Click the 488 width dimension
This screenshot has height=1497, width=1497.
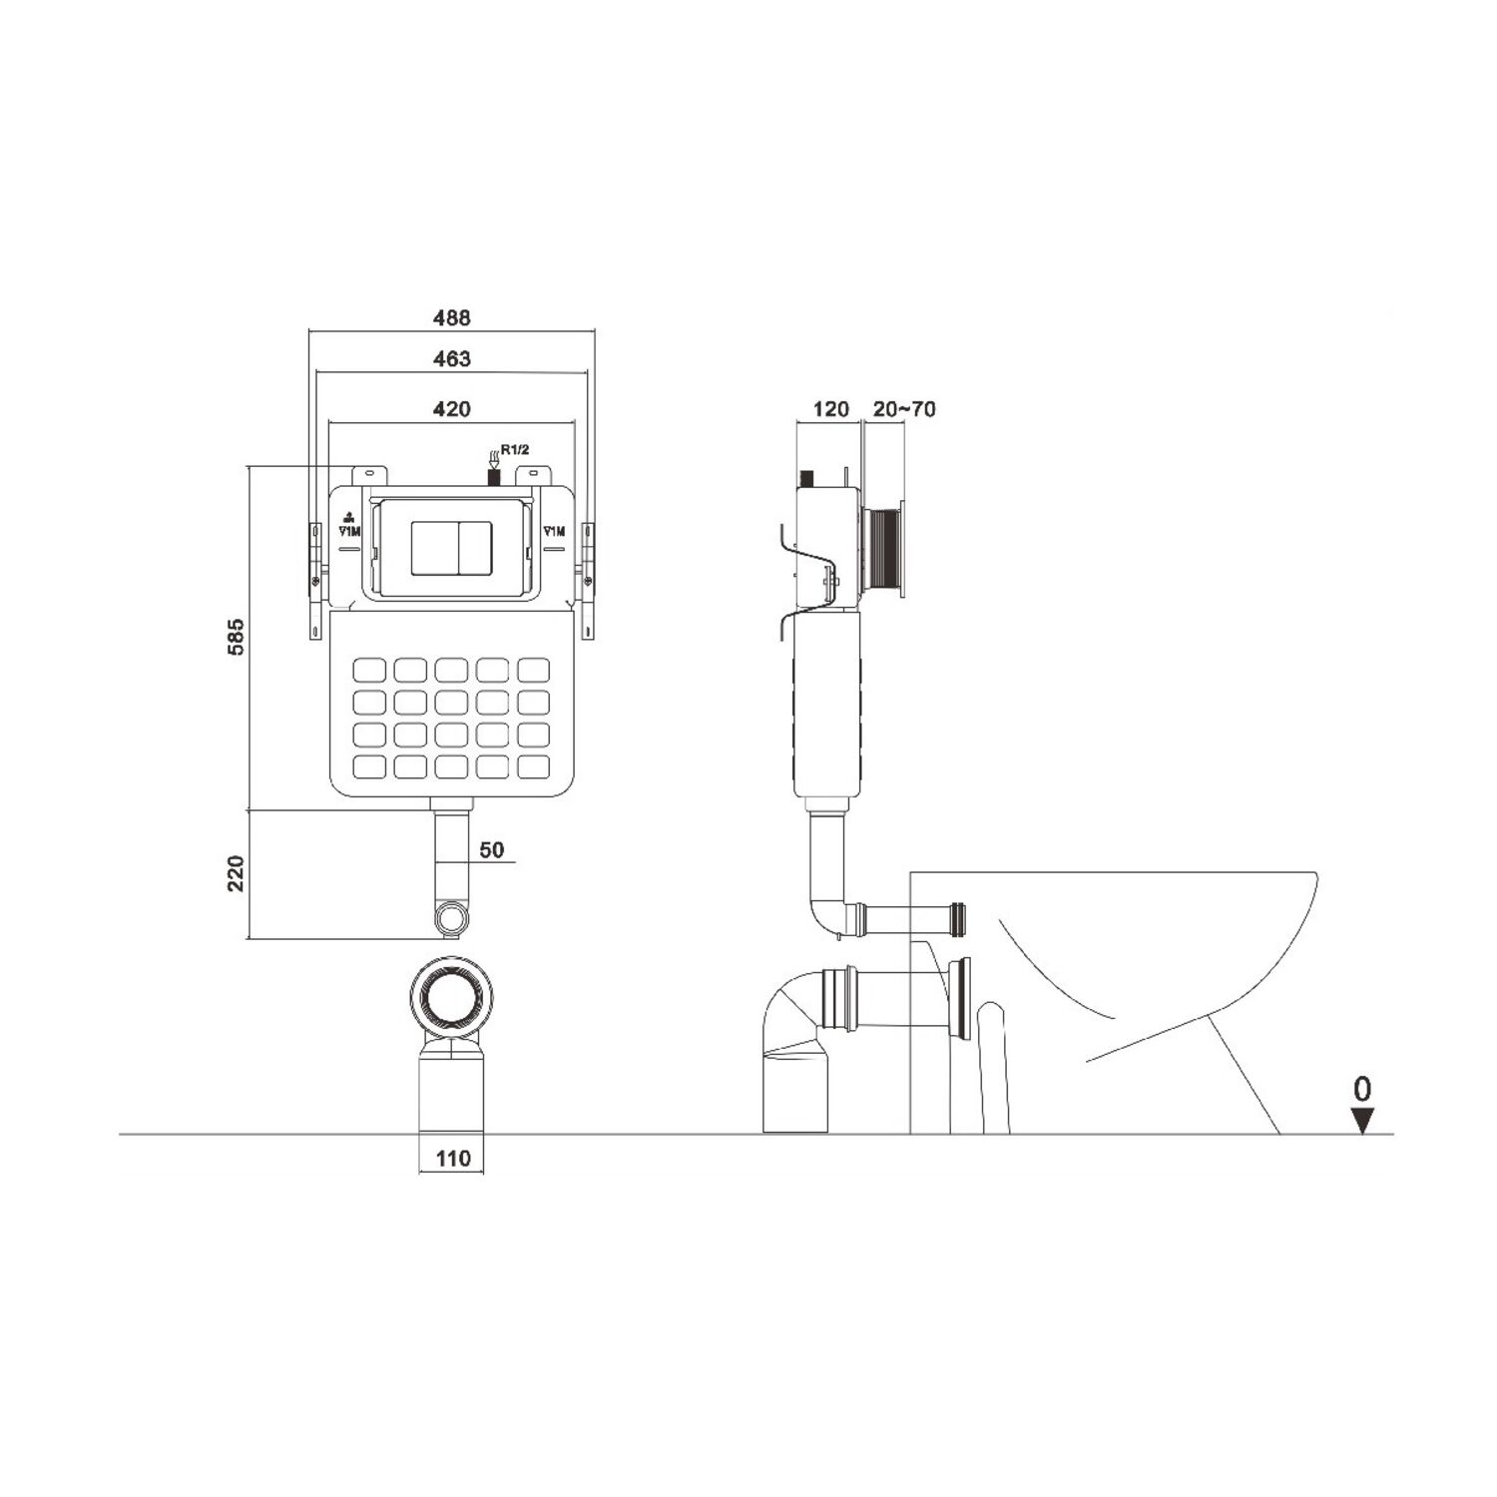point(451,317)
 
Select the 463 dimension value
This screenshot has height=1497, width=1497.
point(452,358)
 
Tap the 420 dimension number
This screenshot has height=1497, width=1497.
point(452,408)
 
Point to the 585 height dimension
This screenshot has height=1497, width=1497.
point(236,637)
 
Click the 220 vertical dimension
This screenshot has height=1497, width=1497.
point(236,873)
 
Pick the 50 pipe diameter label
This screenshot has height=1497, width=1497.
point(492,850)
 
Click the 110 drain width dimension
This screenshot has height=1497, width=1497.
point(453,1159)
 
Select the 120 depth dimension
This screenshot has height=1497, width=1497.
point(830,408)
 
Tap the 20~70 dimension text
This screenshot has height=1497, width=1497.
point(904,408)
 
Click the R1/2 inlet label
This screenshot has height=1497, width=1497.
point(515,450)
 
